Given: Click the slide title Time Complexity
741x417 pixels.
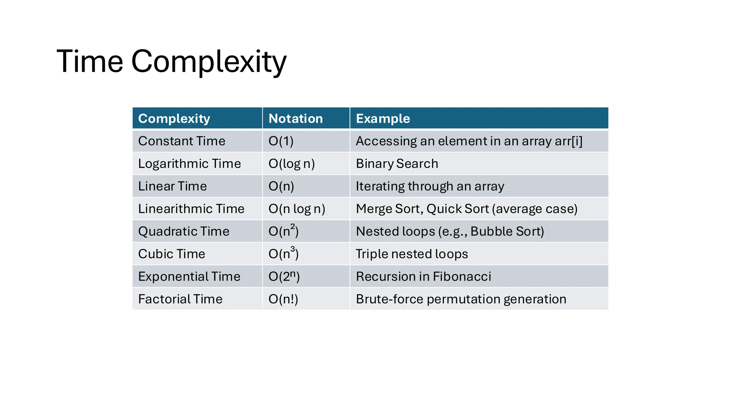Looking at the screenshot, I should [172, 62].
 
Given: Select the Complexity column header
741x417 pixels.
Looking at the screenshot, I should [174, 119].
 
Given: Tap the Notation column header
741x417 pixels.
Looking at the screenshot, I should [296, 119].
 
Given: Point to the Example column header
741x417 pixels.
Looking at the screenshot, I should [383, 119].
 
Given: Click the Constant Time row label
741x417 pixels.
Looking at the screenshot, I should [182, 141].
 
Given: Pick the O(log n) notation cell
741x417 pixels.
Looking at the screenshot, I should [292, 164].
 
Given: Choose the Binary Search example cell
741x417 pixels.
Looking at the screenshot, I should [397, 164].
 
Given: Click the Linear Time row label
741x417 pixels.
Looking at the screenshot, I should [172, 186].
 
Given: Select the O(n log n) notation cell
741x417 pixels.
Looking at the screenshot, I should [297, 209].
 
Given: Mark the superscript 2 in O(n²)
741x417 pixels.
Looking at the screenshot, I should [293, 227].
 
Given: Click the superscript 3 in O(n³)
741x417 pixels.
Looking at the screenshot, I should [293, 249].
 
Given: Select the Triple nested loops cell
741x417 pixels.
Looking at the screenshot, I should [412, 254].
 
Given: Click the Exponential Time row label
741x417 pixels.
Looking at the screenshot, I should [189, 277].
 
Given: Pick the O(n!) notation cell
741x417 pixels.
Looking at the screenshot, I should [283, 299].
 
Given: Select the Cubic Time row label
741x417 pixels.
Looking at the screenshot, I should [172, 254].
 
